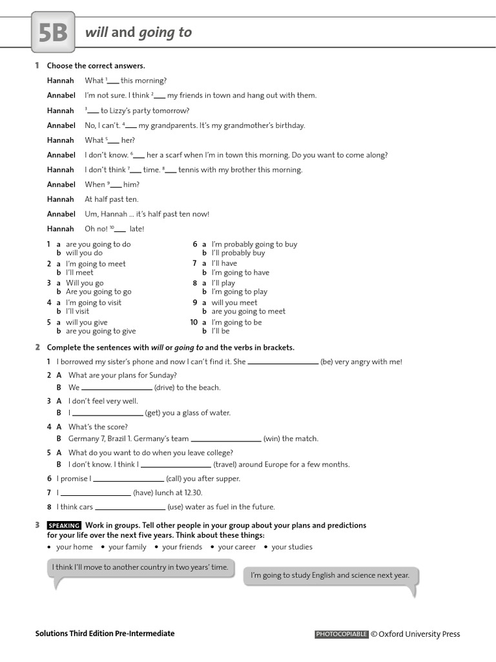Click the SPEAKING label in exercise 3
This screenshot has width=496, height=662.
pos(64,526)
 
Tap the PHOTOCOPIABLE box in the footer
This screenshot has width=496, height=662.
pos(342,634)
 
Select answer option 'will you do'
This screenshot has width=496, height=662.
pos(84,253)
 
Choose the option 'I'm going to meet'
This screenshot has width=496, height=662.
pos(96,264)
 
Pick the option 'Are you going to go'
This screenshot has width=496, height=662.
pos(98,292)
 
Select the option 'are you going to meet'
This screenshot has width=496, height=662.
pos(248,311)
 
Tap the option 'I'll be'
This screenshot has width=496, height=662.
pos(220,331)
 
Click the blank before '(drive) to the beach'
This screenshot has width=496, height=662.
pos(117,388)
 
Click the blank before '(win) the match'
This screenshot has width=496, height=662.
pos(226,439)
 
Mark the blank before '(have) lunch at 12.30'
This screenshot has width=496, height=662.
pos(96,493)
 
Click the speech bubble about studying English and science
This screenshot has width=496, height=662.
pos(329,575)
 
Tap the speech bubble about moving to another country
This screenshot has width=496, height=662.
pos(140,567)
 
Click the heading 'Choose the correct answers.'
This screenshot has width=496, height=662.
pos(96,66)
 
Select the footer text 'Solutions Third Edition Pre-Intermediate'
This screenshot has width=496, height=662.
pos(105,634)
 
